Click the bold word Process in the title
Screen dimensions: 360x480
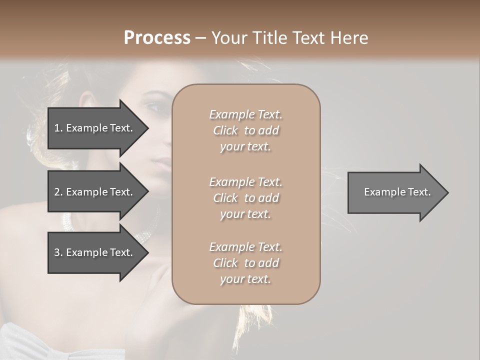tap(157, 38)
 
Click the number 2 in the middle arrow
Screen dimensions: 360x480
tap(57, 192)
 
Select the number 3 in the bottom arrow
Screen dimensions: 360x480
tap(57, 252)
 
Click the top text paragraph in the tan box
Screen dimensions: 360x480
tap(245, 130)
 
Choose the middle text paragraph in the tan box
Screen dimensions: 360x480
tap(245, 198)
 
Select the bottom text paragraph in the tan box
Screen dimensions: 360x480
tap(245, 263)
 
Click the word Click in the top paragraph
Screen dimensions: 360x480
tap(225, 131)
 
